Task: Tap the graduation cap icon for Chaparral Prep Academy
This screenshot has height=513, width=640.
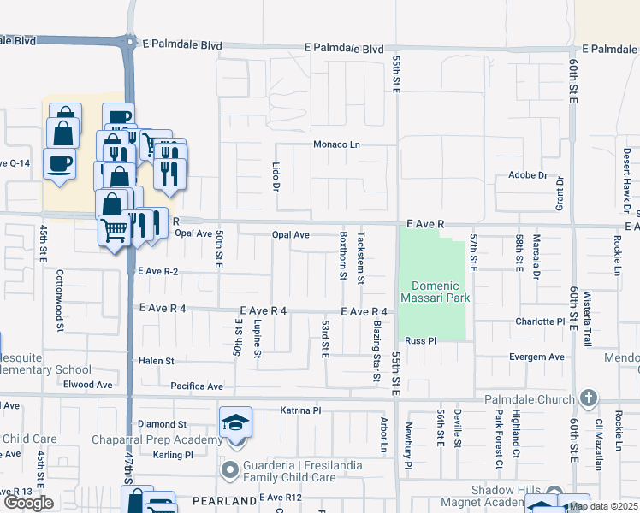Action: (235, 423)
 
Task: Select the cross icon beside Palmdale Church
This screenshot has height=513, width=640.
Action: (588, 398)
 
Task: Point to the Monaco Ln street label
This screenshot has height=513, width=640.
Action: (336, 144)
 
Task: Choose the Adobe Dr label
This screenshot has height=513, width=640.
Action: (527, 174)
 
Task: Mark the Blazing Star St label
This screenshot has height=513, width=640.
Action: (376, 351)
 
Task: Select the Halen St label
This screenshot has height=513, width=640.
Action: (157, 362)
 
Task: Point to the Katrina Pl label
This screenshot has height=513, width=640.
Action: (300, 410)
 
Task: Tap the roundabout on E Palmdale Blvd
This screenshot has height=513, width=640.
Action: (129, 41)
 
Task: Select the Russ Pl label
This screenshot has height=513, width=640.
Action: (421, 340)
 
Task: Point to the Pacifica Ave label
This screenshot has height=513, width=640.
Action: (196, 386)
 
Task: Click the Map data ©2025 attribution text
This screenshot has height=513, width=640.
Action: (603, 506)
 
